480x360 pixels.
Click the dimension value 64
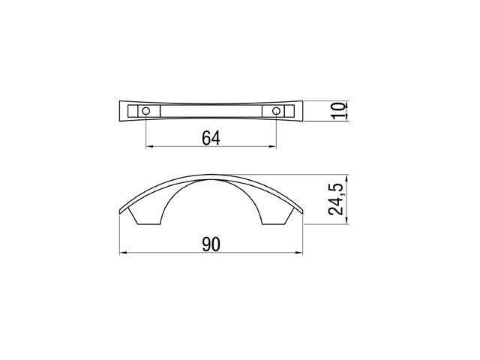pos(211,138)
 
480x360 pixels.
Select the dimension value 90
pos(211,244)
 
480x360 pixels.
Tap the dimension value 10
pos(338,111)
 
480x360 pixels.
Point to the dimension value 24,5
pos(335,199)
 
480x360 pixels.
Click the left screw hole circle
pos(146,111)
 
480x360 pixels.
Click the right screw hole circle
pos(276,111)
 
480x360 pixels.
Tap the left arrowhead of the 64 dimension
pos(149,147)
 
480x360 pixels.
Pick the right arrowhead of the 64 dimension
pos(273,147)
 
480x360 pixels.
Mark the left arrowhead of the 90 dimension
pos(123,253)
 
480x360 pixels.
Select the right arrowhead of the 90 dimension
pos(298,253)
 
